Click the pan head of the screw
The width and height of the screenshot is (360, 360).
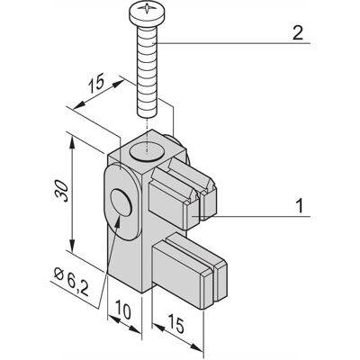point(147,13)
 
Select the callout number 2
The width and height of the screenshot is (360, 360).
point(298,34)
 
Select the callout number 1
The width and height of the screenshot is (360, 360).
point(300,206)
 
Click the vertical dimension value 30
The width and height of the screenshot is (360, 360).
point(62,191)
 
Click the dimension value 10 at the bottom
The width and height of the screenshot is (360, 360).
point(123,310)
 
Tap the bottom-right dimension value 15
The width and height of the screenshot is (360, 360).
point(175,323)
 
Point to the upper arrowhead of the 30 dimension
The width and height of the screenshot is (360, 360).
point(72,142)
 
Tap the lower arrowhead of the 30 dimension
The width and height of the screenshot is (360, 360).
point(72,246)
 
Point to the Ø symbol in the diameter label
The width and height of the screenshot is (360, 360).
point(59,274)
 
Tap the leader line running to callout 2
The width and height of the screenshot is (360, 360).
point(232,43)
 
